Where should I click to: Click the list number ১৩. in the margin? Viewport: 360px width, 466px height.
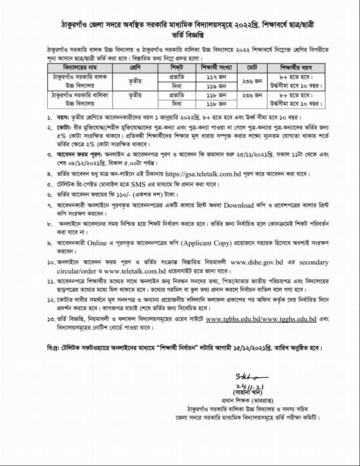point(50,320)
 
